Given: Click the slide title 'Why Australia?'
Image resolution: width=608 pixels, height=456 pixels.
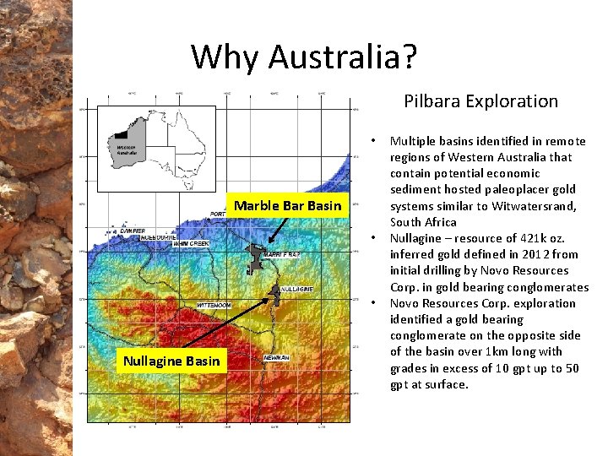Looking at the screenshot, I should coord(304,57).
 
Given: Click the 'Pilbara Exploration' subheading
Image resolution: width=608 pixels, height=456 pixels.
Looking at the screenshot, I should coord(480,101).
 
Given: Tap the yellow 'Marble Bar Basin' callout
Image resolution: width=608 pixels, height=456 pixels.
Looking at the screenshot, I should coord(288,205).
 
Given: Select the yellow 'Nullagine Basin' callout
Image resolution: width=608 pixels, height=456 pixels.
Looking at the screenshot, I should coord(171,361).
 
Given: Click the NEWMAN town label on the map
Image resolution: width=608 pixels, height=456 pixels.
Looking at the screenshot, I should coord(276,357).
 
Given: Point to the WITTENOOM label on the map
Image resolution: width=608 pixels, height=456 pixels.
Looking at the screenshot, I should coord(214,304).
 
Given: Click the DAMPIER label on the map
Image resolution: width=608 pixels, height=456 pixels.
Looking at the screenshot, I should coord(132,230).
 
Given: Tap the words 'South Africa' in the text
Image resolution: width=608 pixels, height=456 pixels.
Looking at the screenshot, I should coord(423,222).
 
